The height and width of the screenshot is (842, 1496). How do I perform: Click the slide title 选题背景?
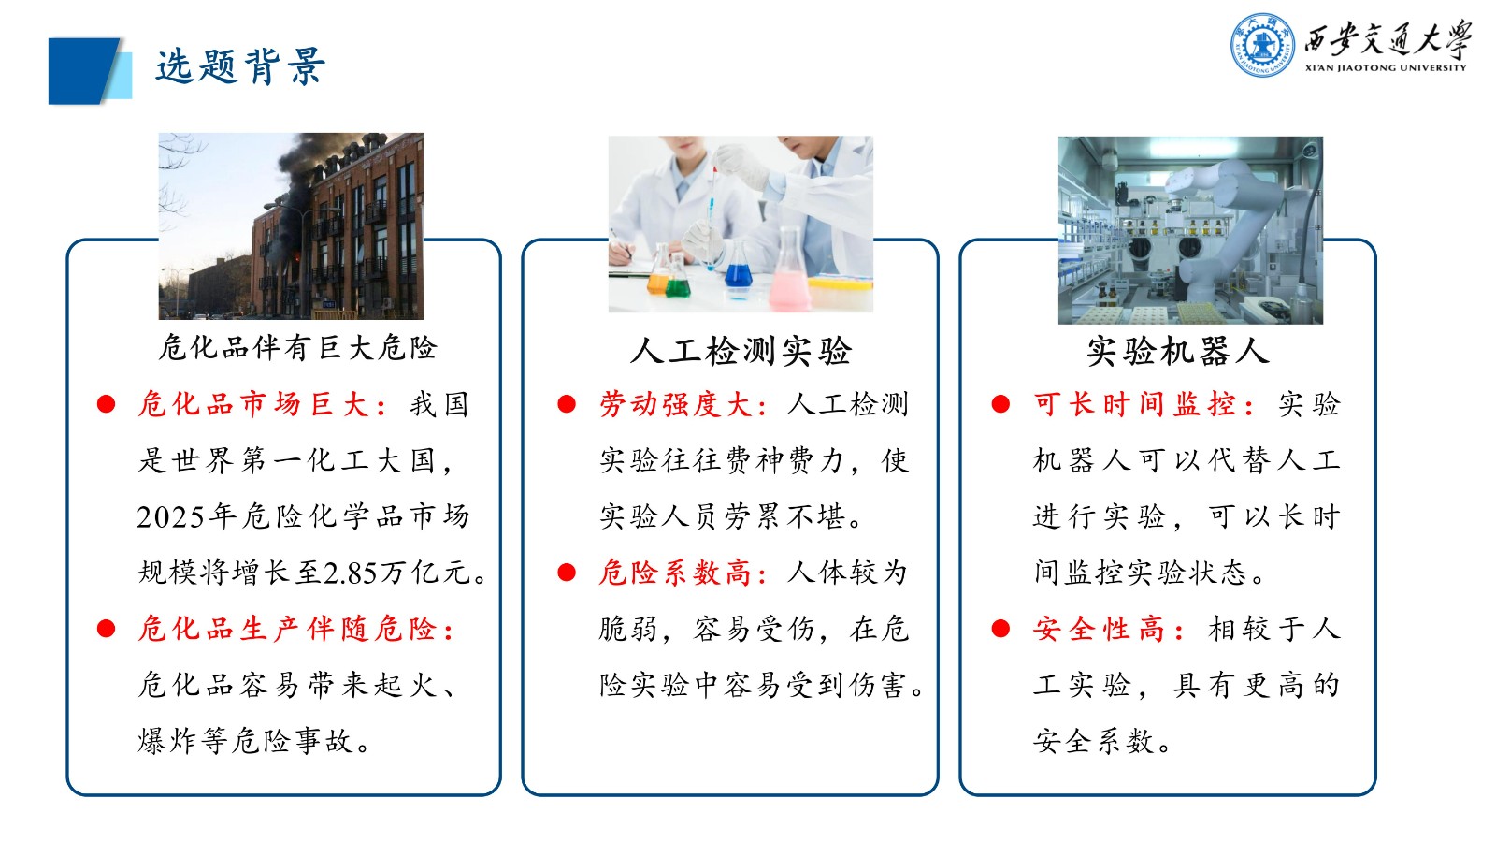239,67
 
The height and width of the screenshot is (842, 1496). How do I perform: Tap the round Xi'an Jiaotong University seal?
1262,44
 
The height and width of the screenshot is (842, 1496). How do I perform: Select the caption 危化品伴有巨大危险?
297,348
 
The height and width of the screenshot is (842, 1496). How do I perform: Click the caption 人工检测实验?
741,352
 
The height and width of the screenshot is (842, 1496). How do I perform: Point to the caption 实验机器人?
1177,352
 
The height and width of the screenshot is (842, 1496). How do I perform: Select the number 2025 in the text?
171,516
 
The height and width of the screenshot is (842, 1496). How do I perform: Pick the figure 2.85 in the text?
348,573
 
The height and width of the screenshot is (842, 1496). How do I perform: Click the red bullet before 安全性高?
1000,629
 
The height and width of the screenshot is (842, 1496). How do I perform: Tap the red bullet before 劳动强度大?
567,404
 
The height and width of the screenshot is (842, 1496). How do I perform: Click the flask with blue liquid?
739,271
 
